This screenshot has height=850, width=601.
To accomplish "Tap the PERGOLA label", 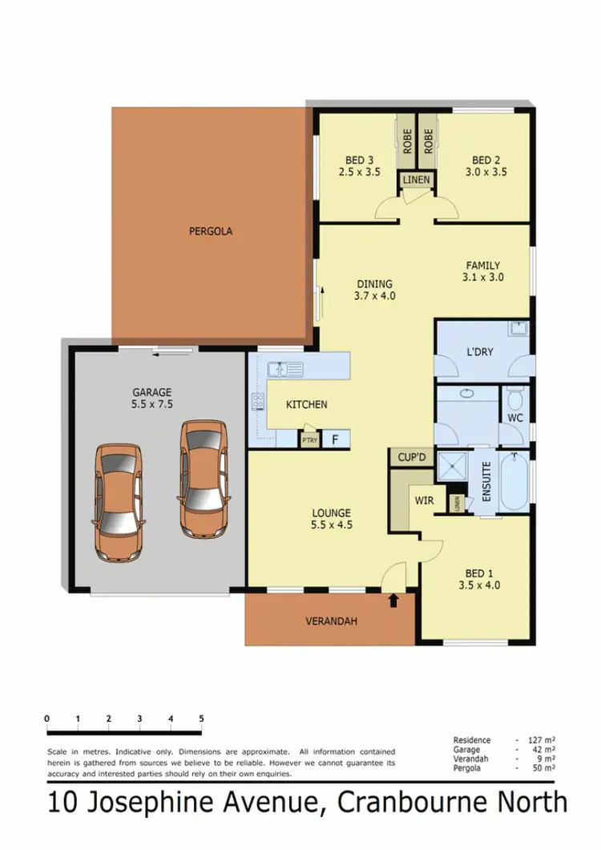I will (x=211, y=232).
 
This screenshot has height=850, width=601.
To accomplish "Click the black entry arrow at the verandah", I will (x=393, y=600).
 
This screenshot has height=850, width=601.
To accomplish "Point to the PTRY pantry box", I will (x=309, y=439).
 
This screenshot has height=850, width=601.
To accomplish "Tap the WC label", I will (x=515, y=418).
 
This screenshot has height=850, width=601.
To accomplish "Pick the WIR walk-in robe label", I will (x=424, y=500).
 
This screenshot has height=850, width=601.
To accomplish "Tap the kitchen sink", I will (x=284, y=370).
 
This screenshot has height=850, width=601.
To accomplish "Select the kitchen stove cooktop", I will (x=259, y=402).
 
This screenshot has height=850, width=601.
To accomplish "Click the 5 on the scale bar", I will (x=201, y=718).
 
